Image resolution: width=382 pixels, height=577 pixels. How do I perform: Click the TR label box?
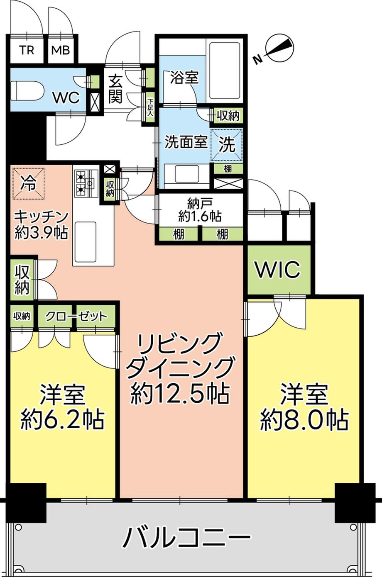(27, 50)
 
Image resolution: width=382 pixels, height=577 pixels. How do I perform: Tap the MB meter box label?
(61, 50)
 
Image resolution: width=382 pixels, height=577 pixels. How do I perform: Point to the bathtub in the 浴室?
(225, 70)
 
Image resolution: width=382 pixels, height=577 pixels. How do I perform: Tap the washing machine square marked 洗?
(227, 144)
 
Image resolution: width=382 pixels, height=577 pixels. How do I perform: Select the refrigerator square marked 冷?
(29, 183)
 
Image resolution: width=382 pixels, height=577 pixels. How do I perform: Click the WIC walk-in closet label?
(277, 270)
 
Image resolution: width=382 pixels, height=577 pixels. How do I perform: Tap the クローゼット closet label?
(76, 316)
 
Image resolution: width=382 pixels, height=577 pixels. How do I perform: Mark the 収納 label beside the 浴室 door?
(228, 116)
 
